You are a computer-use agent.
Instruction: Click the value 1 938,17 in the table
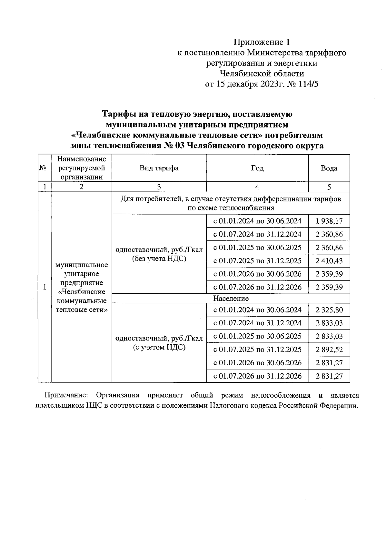click(329, 221)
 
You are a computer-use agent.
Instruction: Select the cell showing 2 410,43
click(329, 261)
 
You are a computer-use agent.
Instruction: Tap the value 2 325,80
click(329, 310)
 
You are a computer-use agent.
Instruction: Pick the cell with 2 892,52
click(329, 350)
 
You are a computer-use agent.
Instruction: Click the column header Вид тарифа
click(159, 168)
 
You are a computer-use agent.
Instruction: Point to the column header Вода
click(329, 168)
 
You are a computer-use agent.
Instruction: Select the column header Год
click(257, 168)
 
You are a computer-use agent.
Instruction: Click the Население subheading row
click(231, 299)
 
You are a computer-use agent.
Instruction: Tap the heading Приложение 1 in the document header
click(262, 42)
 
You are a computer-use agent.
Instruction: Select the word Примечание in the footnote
click(65, 395)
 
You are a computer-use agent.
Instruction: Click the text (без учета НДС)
click(159, 259)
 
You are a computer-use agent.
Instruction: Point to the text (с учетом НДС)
click(159, 347)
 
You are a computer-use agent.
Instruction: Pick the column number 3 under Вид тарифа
click(159, 187)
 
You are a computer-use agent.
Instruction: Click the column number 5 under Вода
click(329, 187)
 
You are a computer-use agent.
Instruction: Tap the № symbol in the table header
click(43, 168)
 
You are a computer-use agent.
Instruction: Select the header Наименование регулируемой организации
click(82, 168)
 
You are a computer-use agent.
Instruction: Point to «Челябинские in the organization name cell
click(82, 292)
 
